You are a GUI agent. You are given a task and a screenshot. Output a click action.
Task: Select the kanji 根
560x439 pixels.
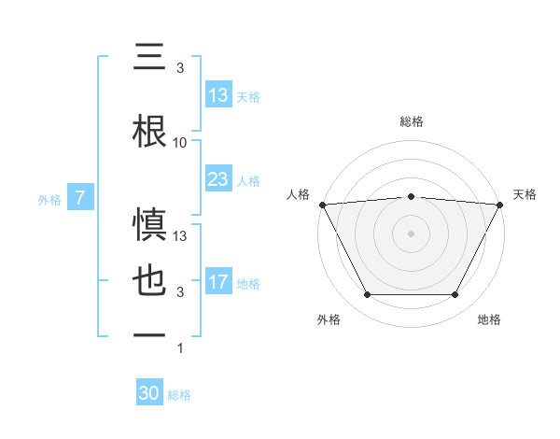[x=150, y=131]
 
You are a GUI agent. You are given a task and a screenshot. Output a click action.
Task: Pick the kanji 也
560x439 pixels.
[x=150, y=282]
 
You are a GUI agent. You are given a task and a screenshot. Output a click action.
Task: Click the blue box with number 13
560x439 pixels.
[x=217, y=95]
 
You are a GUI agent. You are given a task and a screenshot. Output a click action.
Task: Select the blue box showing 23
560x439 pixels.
[x=217, y=180]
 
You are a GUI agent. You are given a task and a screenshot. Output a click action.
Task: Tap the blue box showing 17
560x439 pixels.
[x=217, y=283]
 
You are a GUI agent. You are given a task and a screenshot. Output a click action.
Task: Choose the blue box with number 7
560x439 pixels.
[x=80, y=198]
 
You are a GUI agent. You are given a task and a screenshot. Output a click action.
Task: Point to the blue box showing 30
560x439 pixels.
[x=149, y=394]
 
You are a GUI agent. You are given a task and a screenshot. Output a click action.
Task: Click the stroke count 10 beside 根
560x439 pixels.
[x=180, y=143]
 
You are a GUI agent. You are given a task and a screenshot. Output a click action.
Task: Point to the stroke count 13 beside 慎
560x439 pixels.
[x=180, y=236]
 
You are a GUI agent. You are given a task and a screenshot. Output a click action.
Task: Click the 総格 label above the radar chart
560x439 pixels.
[x=411, y=121]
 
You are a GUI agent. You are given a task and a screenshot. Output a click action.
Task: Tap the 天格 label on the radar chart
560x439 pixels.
[x=525, y=194]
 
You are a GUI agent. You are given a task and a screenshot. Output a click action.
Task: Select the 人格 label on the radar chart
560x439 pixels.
[x=299, y=194]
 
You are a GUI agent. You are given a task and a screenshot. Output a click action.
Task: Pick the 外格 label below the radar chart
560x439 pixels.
[x=329, y=320]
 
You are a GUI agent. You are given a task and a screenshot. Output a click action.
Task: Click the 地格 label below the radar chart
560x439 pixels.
[x=489, y=320]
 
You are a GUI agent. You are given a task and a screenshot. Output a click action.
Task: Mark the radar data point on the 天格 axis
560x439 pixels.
[x=500, y=204]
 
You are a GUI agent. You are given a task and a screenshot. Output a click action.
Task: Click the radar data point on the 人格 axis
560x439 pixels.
[x=322, y=204]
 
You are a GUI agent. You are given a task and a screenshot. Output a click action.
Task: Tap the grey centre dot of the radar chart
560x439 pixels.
[x=411, y=233]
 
